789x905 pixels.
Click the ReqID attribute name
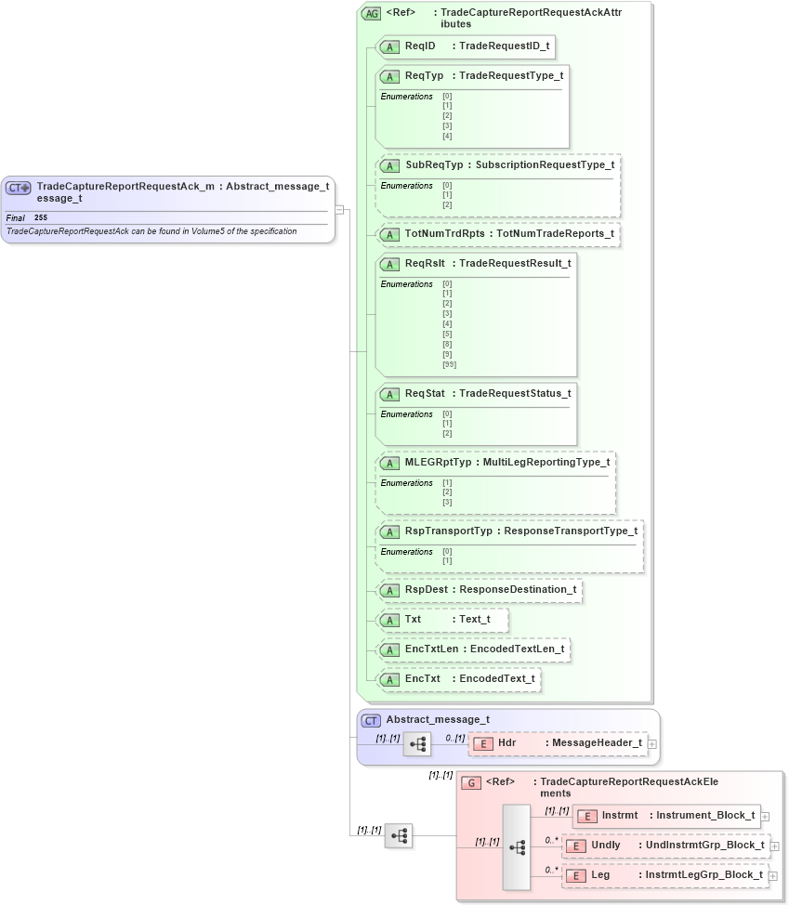coord(420,46)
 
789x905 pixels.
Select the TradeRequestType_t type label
coord(511,75)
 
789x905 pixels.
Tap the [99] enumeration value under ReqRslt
coord(449,364)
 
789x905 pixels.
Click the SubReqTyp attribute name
coord(434,165)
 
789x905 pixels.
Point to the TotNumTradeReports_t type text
coord(555,234)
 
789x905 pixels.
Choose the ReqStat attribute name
coord(425,394)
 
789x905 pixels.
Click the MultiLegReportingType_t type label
coord(546,463)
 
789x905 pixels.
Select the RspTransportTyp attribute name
coord(449,531)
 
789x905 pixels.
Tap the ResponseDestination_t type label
coord(518,590)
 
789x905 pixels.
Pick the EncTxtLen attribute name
coord(432,649)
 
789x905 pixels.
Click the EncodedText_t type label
coord(497,679)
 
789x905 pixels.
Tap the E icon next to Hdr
coord(483,743)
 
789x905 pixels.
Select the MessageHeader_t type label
coord(597,743)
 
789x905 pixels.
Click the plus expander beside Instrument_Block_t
coord(765,817)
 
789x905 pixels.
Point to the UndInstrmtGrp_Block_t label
coord(706,846)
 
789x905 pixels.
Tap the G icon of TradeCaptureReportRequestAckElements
coord(472,783)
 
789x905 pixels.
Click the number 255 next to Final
coord(41,217)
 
